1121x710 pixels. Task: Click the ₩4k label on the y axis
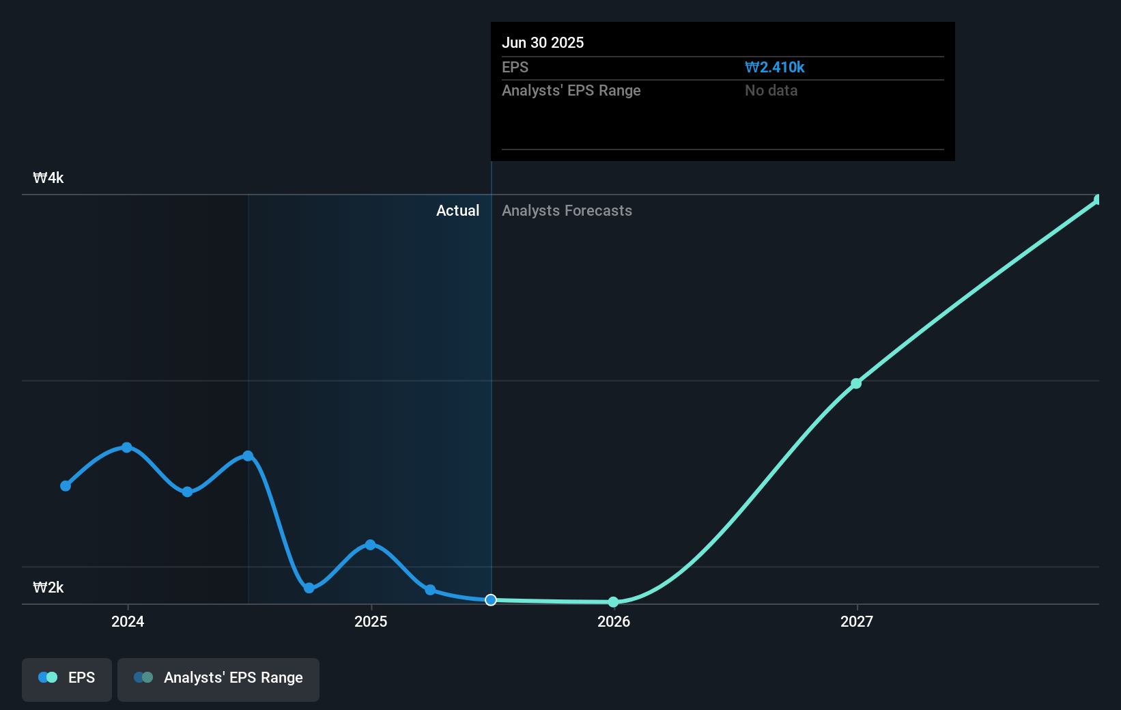pyautogui.click(x=48, y=178)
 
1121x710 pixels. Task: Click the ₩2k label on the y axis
pyautogui.click(x=48, y=588)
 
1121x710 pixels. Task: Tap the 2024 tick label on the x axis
pyautogui.click(x=128, y=621)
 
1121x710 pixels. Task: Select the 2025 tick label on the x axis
pyautogui.click(x=371, y=621)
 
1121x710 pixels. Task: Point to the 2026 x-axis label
pyautogui.click(x=614, y=621)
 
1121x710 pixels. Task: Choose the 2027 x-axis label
pyautogui.click(x=857, y=621)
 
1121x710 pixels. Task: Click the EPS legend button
pyautogui.click(x=67, y=678)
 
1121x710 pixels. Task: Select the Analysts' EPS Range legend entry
pyautogui.click(x=218, y=678)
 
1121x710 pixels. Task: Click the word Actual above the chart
pyautogui.click(x=457, y=211)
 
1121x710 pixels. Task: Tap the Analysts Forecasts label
pyautogui.click(x=567, y=211)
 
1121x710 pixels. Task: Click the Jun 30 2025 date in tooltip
pyautogui.click(x=543, y=42)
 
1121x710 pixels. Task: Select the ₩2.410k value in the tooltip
pyautogui.click(x=774, y=67)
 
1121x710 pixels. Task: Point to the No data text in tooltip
pyautogui.click(x=771, y=90)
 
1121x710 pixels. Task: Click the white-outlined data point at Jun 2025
pyautogui.click(x=491, y=600)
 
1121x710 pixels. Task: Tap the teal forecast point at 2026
pyautogui.click(x=613, y=602)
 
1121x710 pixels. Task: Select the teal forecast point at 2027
pyautogui.click(x=856, y=384)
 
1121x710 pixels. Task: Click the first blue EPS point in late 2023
pyautogui.click(x=66, y=486)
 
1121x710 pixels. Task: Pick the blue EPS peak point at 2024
pyautogui.click(x=127, y=447)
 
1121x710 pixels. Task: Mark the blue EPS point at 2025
pyautogui.click(x=370, y=545)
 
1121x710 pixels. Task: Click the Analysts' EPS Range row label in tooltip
pyautogui.click(x=571, y=90)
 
